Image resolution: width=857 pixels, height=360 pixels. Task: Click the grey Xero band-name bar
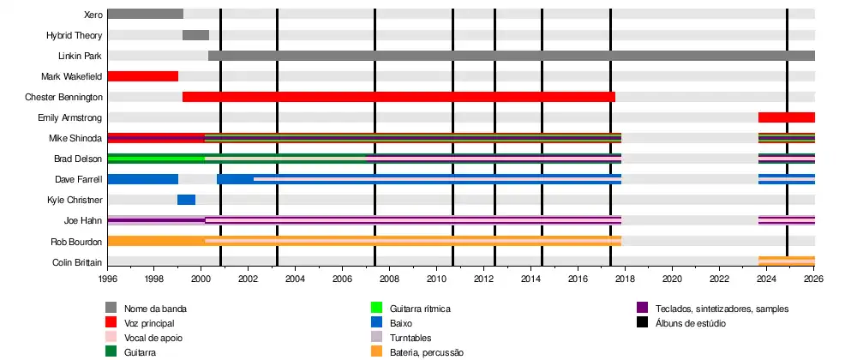[x=145, y=14]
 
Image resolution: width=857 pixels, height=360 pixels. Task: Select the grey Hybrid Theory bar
[x=195, y=35]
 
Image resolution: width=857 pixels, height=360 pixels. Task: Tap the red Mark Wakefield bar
[x=142, y=76]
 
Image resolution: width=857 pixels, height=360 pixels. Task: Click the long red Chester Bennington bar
[x=399, y=97]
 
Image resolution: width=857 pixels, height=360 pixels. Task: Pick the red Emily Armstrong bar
[x=786, y=117]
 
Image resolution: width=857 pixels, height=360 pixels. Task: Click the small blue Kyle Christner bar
[x=186, y=200]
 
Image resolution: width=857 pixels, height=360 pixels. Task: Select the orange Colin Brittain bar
[x=786, y=261]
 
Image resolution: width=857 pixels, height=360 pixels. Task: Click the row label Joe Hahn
[x=89, y=220]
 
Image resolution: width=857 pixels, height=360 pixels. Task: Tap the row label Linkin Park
[x=81, y=56]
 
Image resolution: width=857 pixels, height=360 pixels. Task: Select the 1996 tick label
[x=108, y=279]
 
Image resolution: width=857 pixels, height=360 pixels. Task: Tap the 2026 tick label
[x=813, y=279]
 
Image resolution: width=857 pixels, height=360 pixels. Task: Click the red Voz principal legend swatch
[x=111, y=323]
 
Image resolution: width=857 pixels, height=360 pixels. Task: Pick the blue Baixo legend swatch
[x=375, y=323]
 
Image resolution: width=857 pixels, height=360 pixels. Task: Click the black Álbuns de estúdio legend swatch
[x=643, y=323]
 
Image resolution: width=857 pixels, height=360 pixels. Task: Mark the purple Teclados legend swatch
[x=643, y=308]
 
